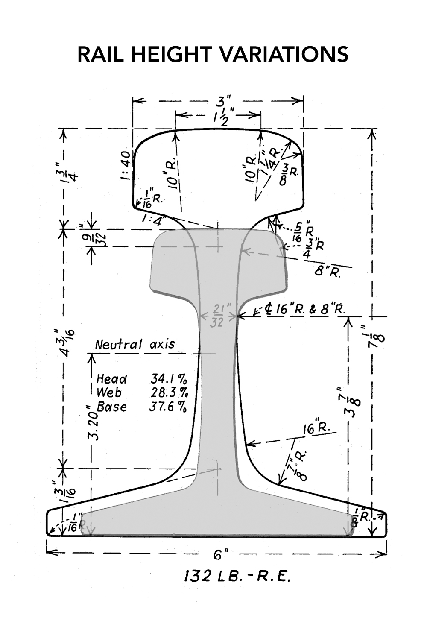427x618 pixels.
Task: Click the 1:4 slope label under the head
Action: (x=152, y=221)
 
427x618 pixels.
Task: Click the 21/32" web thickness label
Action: (x=217, y=315)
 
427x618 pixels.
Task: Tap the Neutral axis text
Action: (x=135, y=344)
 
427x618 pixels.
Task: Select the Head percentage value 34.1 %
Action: (x=168, y=379)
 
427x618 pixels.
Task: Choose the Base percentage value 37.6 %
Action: (x=167, y=407)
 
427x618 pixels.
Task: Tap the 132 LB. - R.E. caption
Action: (x=237, y=577)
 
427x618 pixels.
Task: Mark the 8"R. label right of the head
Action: (x=328, y=272)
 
